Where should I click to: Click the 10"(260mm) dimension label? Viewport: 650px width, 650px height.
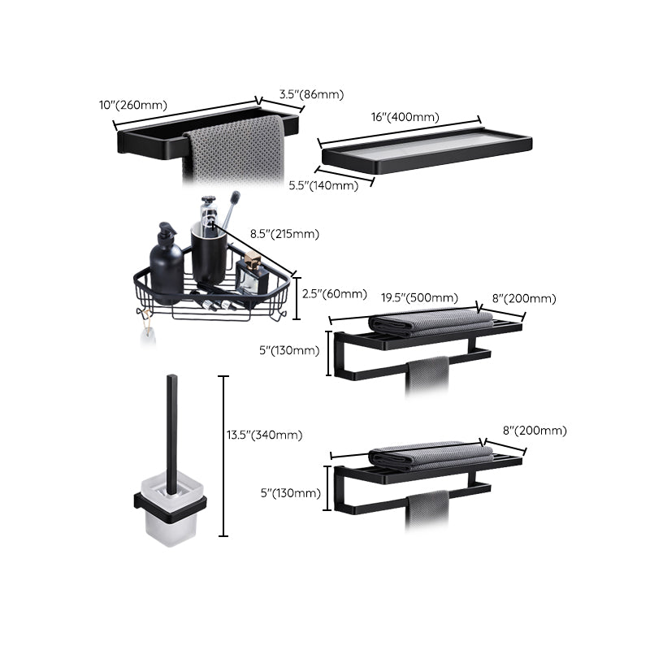pyautogui.click(x=132, y=105)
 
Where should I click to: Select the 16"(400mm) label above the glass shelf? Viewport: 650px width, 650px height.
pyautogui.click(x=405, y=117)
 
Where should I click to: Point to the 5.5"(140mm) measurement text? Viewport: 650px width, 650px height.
pyautogui.click(x=323, y=185)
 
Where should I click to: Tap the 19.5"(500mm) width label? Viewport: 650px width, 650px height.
pyautogui.click(x=419, y=297)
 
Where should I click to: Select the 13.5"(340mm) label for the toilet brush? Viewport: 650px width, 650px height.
pyautogui.click(x=265, y=435)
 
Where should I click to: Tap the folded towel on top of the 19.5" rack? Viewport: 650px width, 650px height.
pyautogui.click(x=429, y=321)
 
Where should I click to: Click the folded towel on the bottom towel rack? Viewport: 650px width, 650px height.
pyautogui.click(x=429, y=457)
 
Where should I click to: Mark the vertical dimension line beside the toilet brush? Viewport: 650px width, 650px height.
pyautogui.click(x=224, y=455)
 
